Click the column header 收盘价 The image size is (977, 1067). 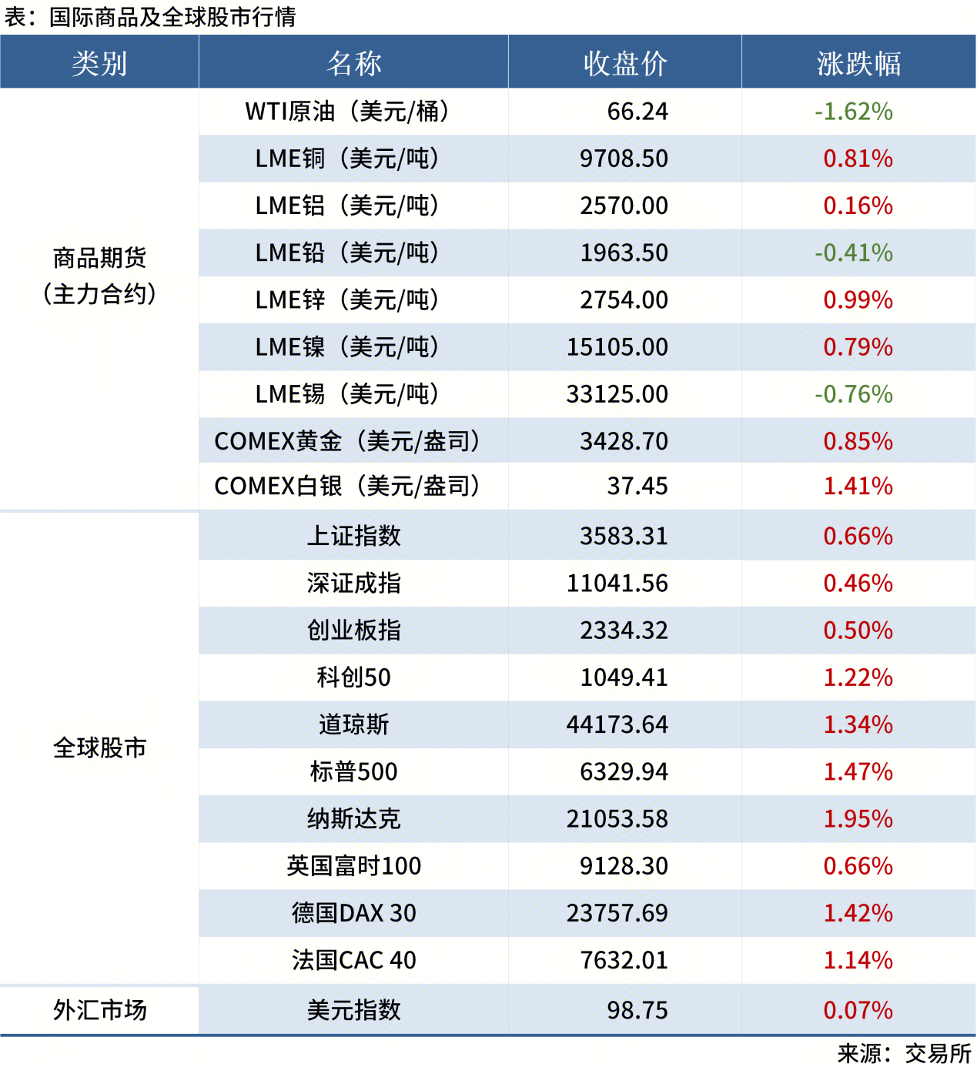tap(624, 63)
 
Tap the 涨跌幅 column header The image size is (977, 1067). tap(858, 63)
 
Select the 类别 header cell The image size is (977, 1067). tap(99, 63)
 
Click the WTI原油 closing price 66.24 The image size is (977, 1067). tap(637, 112)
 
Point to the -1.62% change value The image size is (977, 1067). tap(854, 112)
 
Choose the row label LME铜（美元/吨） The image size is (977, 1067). tap(347, 159)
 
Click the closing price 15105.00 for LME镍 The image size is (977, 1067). tap(617, 347)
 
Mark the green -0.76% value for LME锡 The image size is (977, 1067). tap(854, 394)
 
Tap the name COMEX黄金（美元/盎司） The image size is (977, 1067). tap(347, 441)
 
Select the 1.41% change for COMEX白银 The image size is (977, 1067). tap(858, 487)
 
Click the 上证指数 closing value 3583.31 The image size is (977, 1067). tap(624, 536)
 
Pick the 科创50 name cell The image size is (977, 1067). tap(353, 677)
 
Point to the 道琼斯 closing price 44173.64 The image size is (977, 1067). tap(617, 724)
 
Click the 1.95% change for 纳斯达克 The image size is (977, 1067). tap(858, 819)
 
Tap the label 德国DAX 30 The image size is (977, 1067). tap(353, 913)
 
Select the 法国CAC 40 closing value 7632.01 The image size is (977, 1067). tap(624, 960)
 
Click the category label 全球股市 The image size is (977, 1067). tap(99, 748)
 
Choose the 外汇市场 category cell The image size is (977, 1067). tap(99, 1010)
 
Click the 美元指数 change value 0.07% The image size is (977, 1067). tap(858, 1010)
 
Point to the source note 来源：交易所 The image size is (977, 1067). tap(904, 1053)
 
